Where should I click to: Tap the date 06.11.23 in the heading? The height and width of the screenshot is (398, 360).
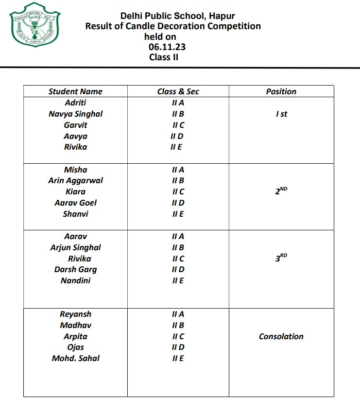(x=167, y=47)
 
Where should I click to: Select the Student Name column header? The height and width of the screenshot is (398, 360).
(x=75, y=91)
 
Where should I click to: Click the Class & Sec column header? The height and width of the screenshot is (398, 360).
(x=178, y=91)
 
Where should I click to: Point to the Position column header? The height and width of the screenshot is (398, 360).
(x=281, y=91)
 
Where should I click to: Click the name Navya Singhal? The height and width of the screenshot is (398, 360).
(x=75, y=114)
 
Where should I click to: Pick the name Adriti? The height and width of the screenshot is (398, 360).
(x=75, y=103)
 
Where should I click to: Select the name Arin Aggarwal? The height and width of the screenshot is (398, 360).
(x=75, y=180)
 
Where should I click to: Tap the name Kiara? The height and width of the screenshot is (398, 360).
(x=75, y=191)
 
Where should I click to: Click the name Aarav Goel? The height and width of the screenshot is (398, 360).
(x=75, y=203)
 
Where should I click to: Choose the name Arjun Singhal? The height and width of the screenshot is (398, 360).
(x=75, y=247)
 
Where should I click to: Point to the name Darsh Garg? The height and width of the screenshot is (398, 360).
(x=75, y=269)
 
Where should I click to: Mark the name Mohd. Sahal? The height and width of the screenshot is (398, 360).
(x=75, y=358)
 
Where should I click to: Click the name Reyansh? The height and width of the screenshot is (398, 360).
(x=75, y=314)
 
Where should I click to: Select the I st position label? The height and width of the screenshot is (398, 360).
(x=281, y=114)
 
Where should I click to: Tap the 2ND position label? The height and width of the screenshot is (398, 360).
(x=281, y=191)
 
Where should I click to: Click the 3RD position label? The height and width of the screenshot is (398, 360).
(x=281, y=259)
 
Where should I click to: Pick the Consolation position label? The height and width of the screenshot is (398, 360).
(x=281, y=336)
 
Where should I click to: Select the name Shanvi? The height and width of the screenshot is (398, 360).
(x=75, y=214)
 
